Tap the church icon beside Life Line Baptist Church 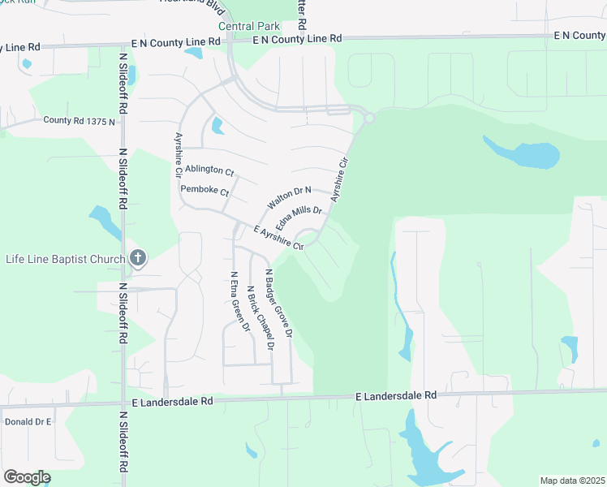tap(138, 259)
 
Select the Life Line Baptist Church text tap(65, 259)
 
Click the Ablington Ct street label tap(209, 171)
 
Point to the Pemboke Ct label tap(205, 191)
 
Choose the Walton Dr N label tap(290, 195)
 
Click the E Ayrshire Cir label tap(278, 239)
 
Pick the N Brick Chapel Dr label tap(260, 317)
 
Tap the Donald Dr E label tap(28, 422)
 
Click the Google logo tap(27, 477)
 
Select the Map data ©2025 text tap(572, 481)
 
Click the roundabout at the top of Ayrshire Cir tap(369, 119)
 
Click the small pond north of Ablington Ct tap(217, 126)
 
